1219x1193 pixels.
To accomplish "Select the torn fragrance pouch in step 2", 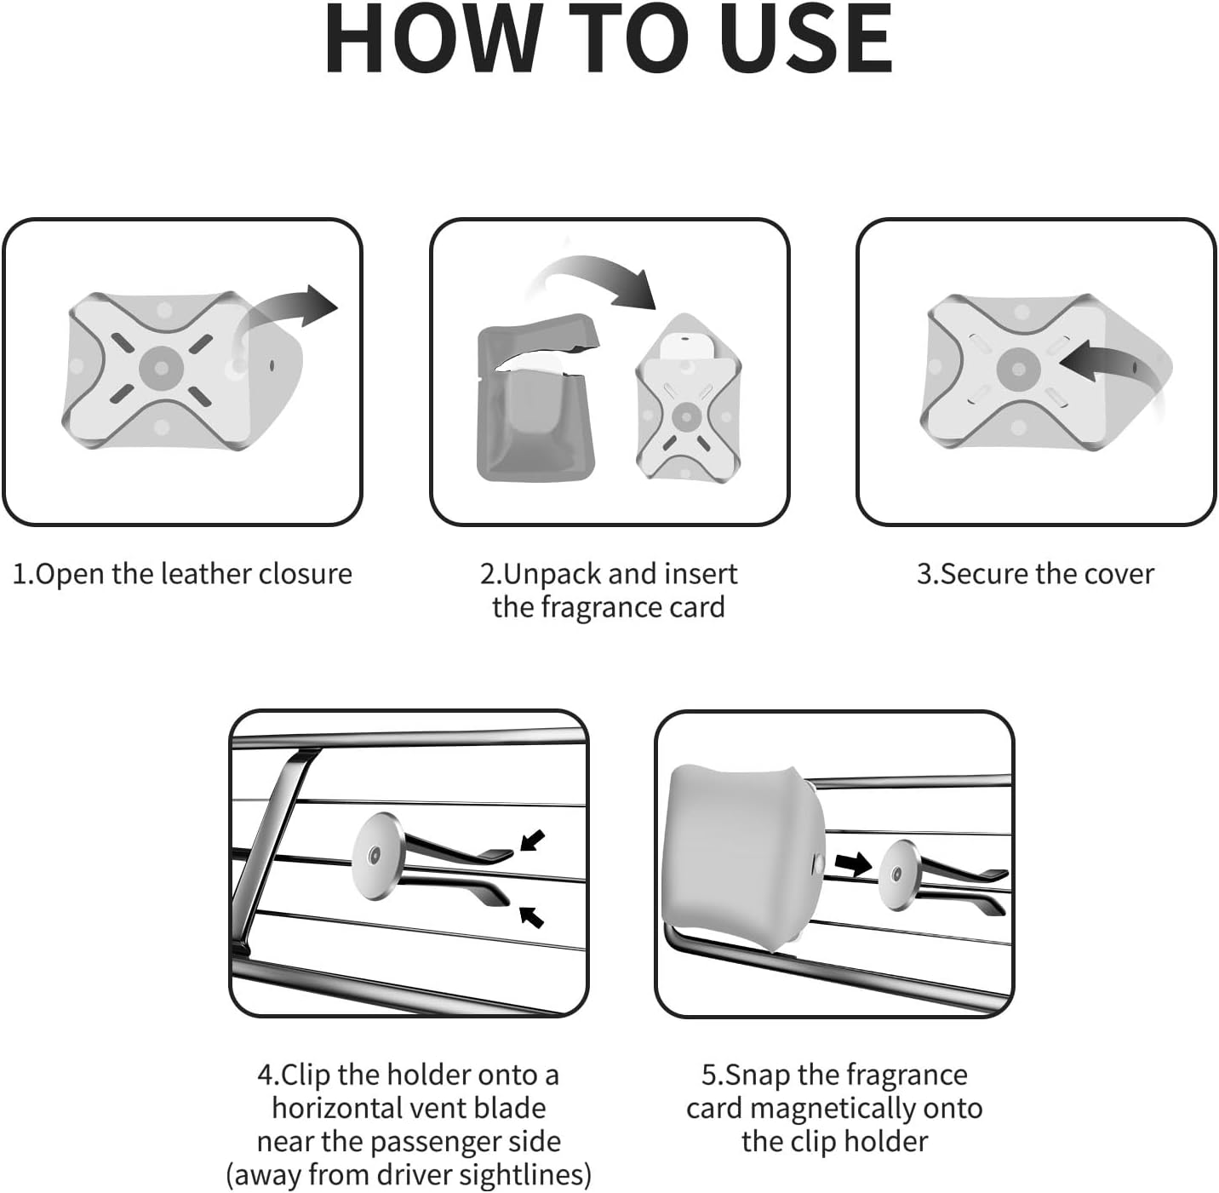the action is coord(536,398).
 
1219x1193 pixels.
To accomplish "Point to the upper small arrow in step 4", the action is coord(532,840).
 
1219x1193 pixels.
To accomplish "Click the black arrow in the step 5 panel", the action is coord(853,864).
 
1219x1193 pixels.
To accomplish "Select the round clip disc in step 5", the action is coord(897,875).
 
